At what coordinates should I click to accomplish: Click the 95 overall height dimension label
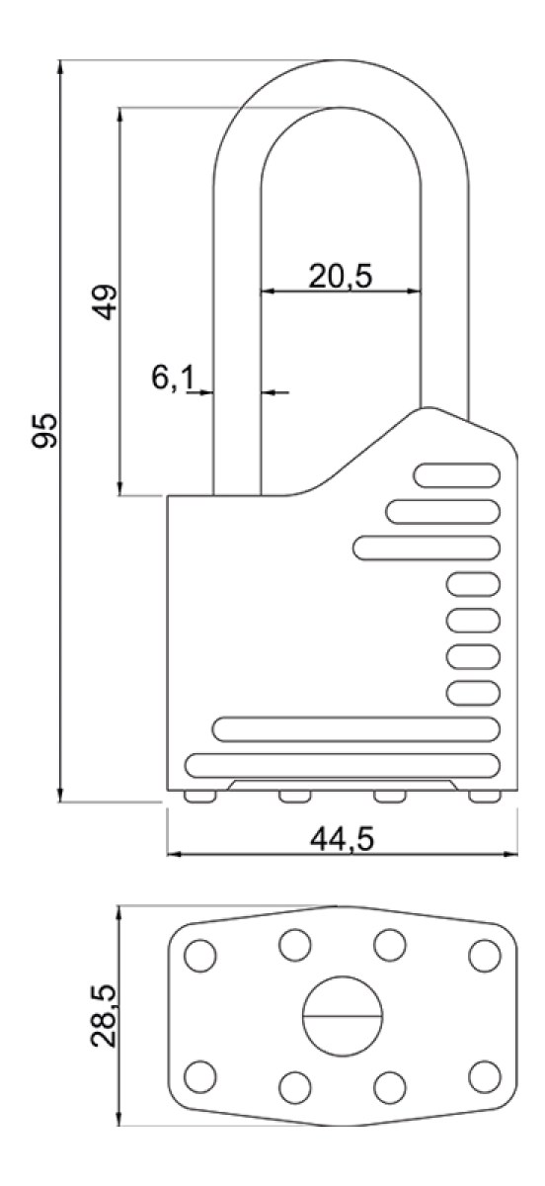[x=44, y=431]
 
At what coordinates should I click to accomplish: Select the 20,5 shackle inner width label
[x=341, y=276]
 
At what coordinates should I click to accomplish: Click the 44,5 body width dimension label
[x=342, y=839]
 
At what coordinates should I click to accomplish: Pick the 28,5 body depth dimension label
[x=104, y=1016]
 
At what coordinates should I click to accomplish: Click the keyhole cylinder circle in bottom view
[x=343, y=1016]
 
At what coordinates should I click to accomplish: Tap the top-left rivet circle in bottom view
[x=200, y=956]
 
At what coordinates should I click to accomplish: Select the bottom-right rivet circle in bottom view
[x=485, y=1077]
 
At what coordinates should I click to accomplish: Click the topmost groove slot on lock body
[x=457, y=475]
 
